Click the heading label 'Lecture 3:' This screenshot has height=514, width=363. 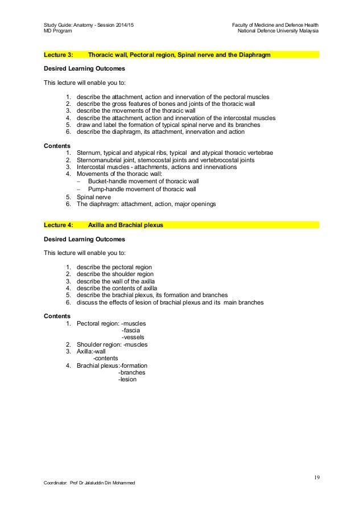pyautogui.click(x=59, y=55)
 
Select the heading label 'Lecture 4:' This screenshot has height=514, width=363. pyautogui.click(x=59, y=225)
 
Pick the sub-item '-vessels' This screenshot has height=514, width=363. pyautogui.click(x=133, y=337)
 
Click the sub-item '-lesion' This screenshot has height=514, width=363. pyautogui.click(x=127, y=379)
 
